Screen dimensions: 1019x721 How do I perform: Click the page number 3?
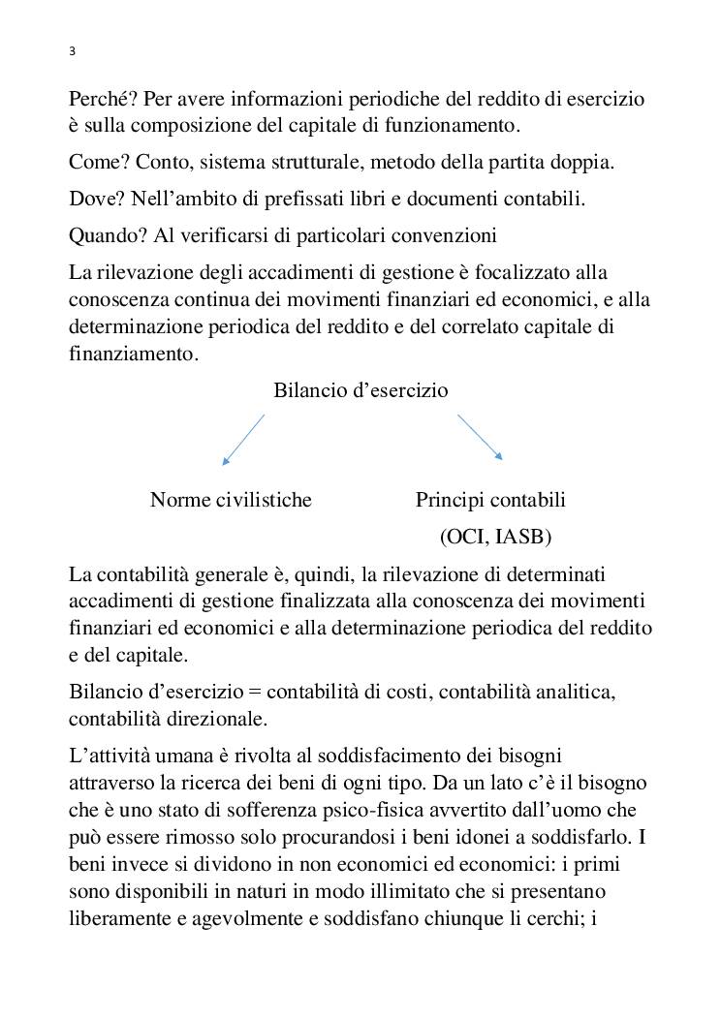click(73, 51)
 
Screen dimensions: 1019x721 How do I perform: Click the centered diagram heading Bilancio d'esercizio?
click(360, 390)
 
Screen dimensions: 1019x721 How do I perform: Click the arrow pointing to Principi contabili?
click(480, 436)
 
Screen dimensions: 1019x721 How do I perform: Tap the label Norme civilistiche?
click(231, 500)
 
